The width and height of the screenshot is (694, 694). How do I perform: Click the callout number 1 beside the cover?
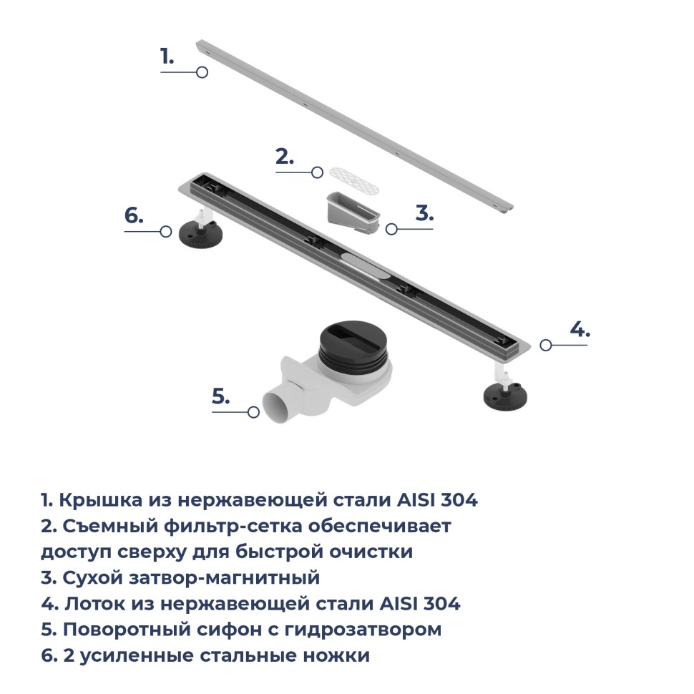pyautogui.click(x=167, y=57)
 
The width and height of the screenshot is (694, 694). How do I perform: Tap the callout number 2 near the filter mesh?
pyautogui.click(x=285, y=157)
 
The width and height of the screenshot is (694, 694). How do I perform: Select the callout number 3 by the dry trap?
pyautogui.click(x=424, y=213)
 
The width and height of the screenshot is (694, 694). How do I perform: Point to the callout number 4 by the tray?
pyautogui.click(x=580, y=329)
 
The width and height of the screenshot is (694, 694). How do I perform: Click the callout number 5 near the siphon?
pyautogui.click(x=221, y=396)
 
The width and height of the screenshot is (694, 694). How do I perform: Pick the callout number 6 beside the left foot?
pyautogui.click(x=134, y=215)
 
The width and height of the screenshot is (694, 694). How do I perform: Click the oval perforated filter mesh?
pyautogui.click(x=354, y=182)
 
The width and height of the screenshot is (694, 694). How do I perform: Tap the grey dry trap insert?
pyautogui.click(x=353, y=214)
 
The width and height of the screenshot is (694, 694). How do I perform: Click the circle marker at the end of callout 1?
pyautogui.click(x=202, y=72)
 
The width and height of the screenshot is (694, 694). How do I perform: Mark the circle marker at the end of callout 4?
pyautogui.click(x=546, y=345)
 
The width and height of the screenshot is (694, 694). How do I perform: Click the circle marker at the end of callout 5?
pyautogui.click(x=253, y=412)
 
